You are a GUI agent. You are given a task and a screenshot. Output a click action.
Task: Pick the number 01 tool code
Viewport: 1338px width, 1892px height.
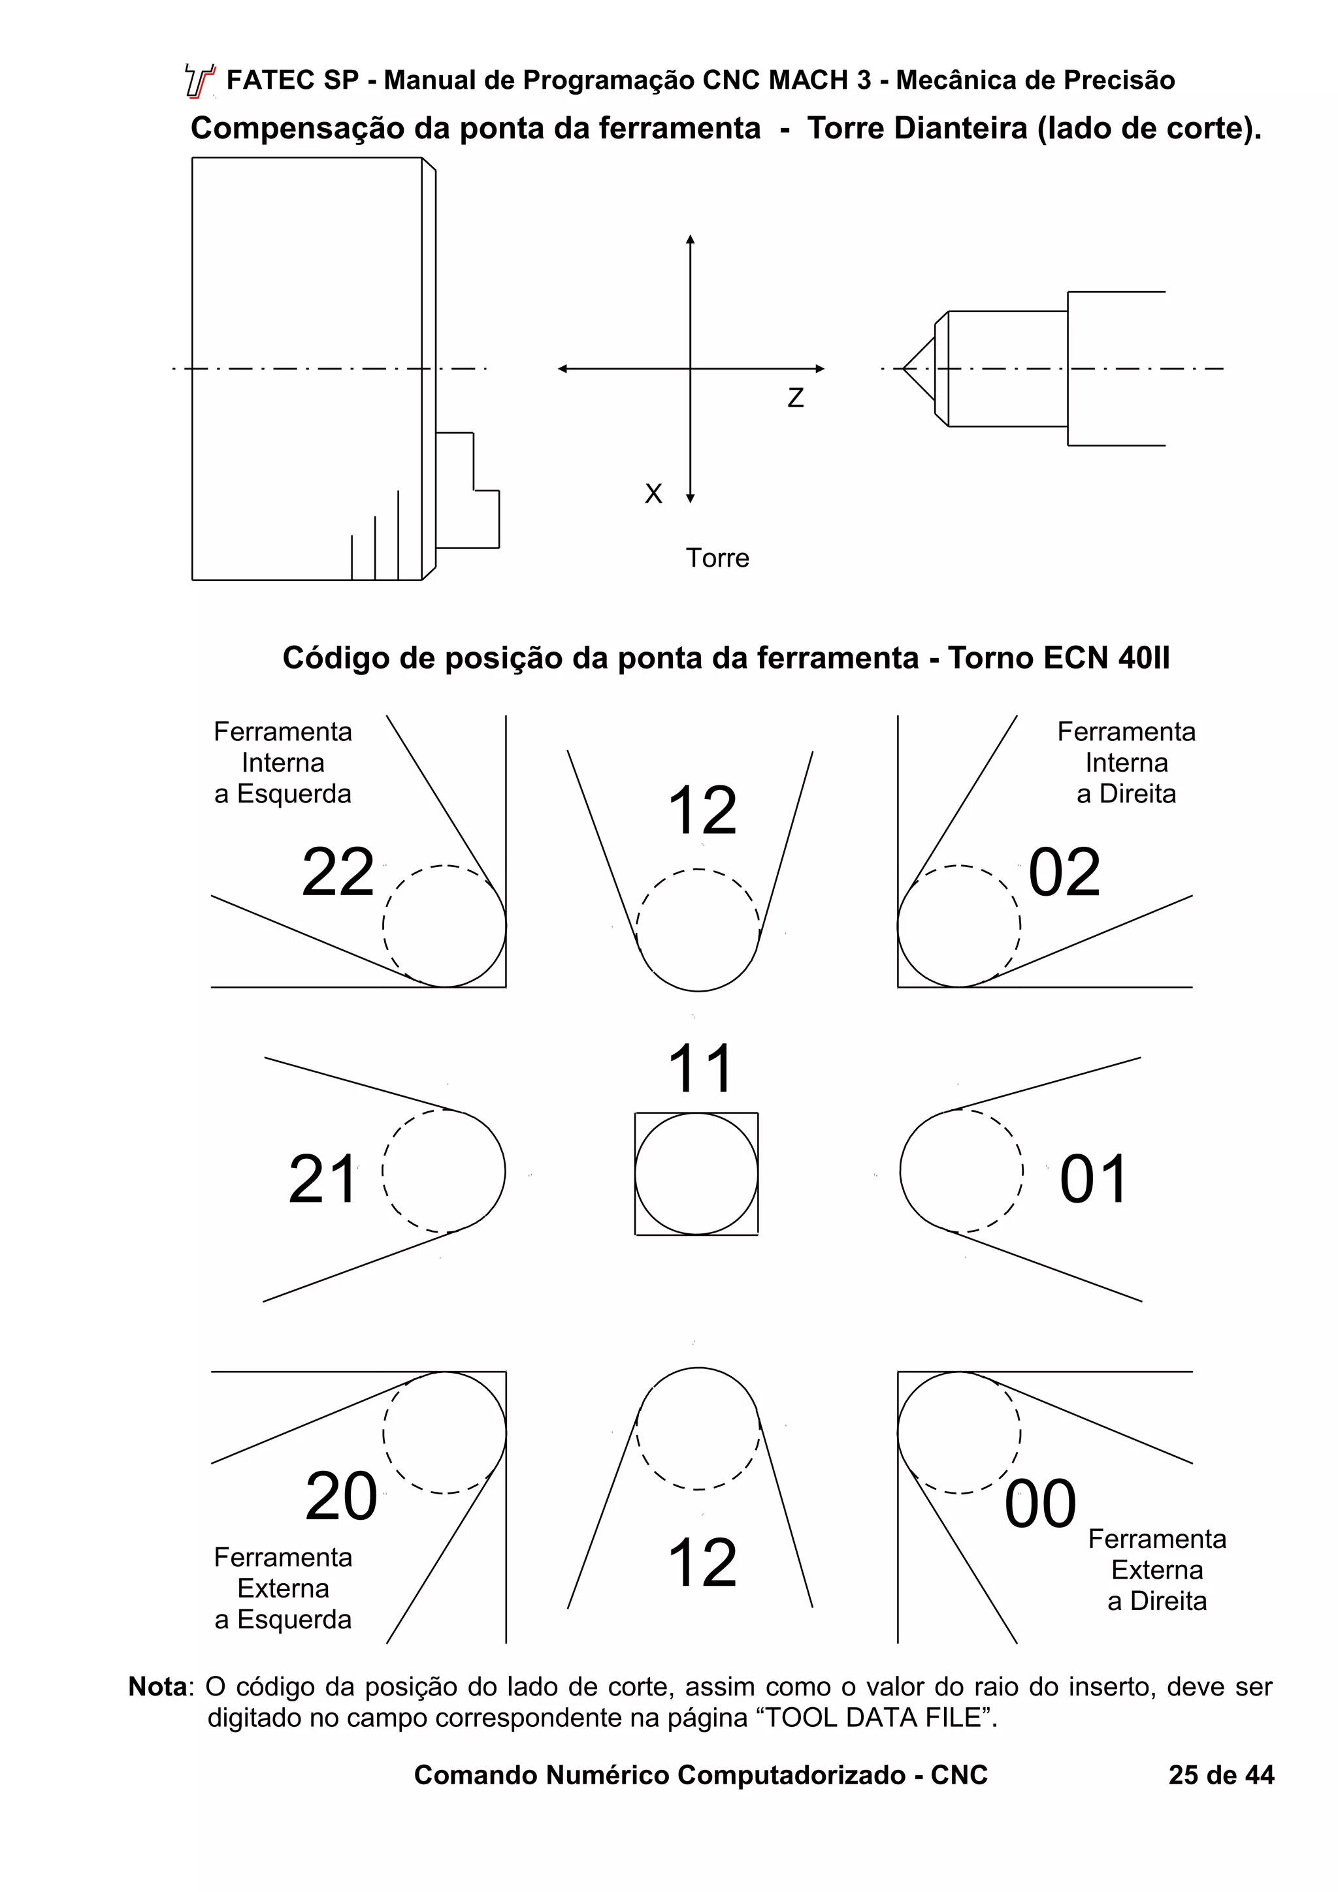pos(1093,1179)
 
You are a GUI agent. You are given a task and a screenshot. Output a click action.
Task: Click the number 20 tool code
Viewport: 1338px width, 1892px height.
pos(340,1496)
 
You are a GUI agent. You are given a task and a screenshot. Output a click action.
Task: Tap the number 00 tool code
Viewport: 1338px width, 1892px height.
pos(1039,1504)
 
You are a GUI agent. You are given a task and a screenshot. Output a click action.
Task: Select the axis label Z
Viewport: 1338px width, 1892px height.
pos(796,398)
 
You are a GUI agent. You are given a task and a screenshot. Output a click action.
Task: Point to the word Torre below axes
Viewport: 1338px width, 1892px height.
pos(717,558)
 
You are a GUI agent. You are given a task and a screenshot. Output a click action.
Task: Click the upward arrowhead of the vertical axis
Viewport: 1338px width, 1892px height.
pos(691,240)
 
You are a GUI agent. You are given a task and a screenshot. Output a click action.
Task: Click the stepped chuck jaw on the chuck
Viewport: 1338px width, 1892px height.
pos(466,490)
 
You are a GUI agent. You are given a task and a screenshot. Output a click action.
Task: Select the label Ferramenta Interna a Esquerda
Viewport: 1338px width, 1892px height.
pos(283,763)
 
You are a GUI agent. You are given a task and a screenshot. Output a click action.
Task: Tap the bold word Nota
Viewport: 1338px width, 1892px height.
pos(158,1687)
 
